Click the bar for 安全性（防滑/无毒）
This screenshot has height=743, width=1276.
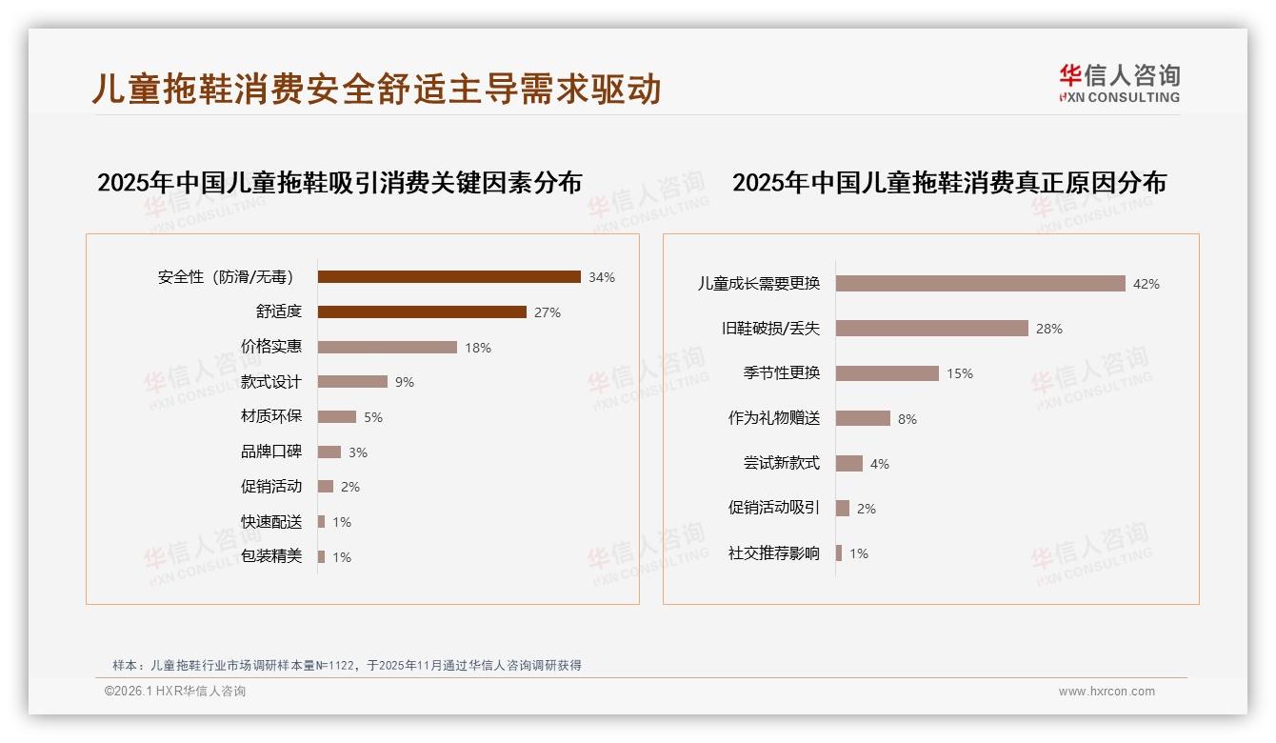[x=449, y=277]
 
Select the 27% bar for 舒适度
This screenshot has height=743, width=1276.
[x=422, y=312]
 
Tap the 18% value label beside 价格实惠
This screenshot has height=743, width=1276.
[x=478, y=348]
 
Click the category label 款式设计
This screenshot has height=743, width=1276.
[x=271, y=382]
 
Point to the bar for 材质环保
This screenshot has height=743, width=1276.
[x=337, y=417]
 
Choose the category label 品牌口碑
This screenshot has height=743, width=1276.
[x=271, y=452]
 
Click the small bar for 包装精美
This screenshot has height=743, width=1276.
[x=322, y=556]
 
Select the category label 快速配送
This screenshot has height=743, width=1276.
[x=271, y=522]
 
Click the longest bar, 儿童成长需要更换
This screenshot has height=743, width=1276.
[x=981, y=284]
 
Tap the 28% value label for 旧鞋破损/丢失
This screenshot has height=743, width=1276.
[x=1049, y=329]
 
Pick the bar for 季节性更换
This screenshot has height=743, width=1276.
[x=887, y=373]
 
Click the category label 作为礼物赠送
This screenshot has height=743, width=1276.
[x=774, y=418]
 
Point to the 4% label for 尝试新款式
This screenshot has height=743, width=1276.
[x=880, y=464]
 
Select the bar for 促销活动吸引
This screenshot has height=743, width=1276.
[x=843, y=509]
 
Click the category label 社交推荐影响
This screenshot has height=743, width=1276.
[x=774, y=553]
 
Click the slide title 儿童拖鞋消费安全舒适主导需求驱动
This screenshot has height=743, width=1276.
[x=376, y=89]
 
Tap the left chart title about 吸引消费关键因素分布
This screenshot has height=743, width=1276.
[x=340, y=182]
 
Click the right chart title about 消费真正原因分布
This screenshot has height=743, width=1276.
[x=949, y=182]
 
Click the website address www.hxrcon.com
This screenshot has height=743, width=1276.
[x=1107, y=692]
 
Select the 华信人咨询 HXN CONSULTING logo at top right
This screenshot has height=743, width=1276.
[x=1119, y=83]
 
